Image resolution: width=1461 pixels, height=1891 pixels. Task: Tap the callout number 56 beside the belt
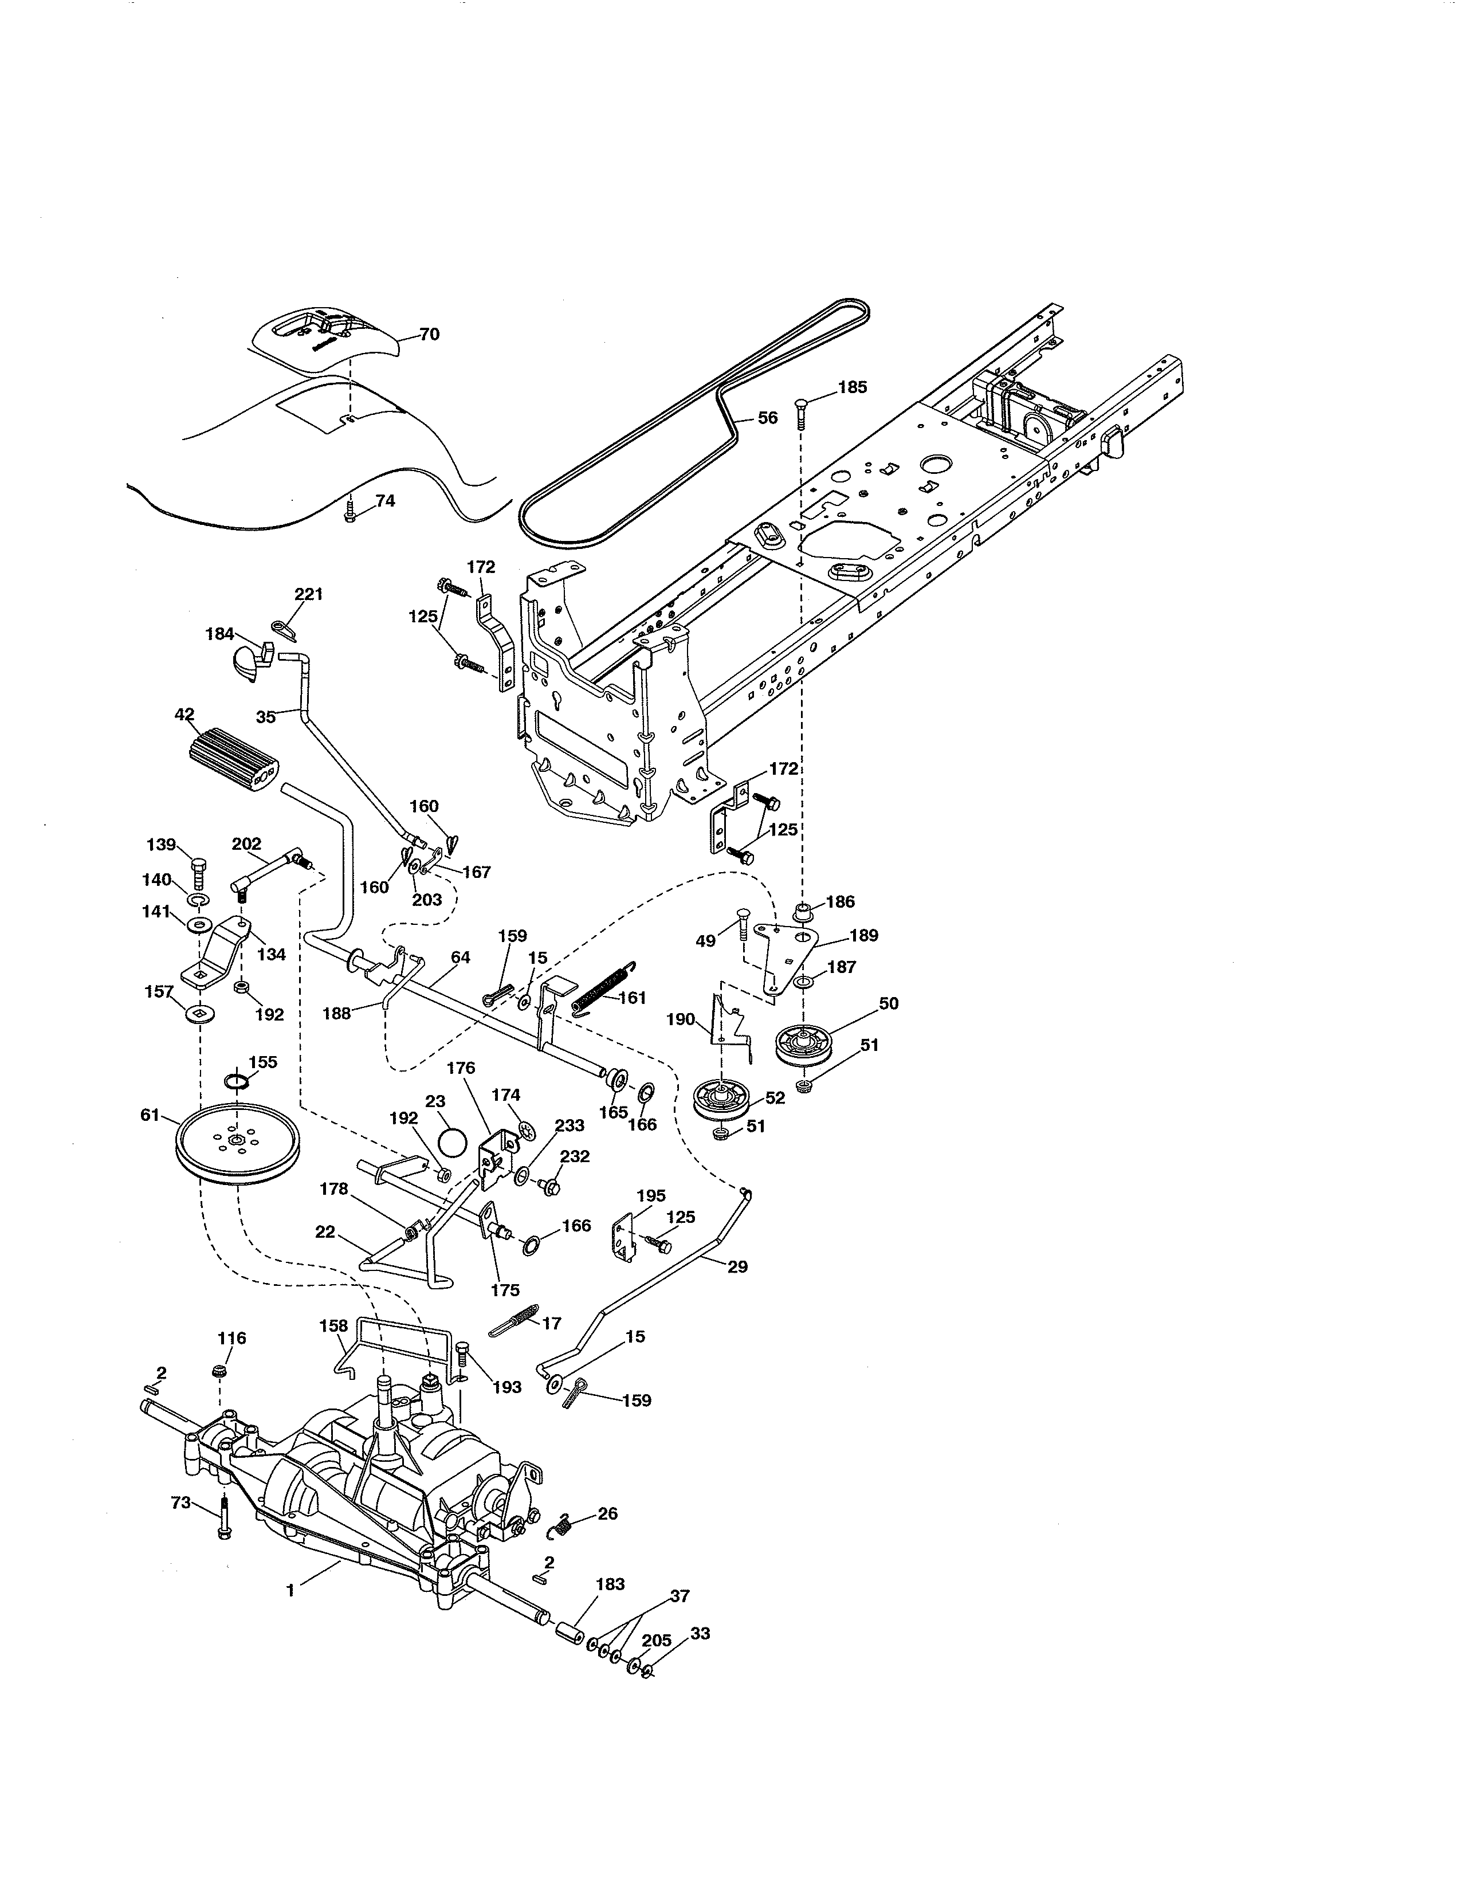click(x=767, y=417)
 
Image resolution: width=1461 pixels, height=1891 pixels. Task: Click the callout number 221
click(x=308, y=594)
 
